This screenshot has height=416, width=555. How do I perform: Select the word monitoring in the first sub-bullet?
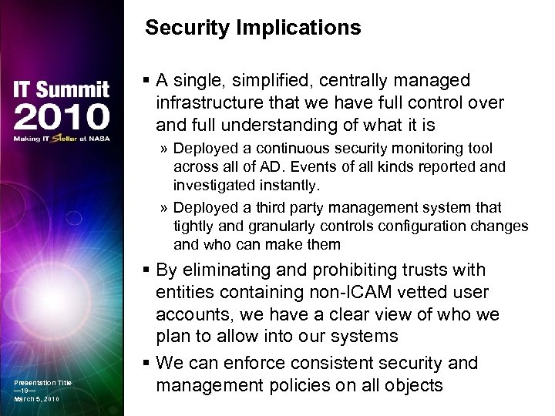422,148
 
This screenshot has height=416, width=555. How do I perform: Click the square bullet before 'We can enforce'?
146,363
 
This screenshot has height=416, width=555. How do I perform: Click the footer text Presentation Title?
42,382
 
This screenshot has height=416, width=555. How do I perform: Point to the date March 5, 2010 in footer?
36,399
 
